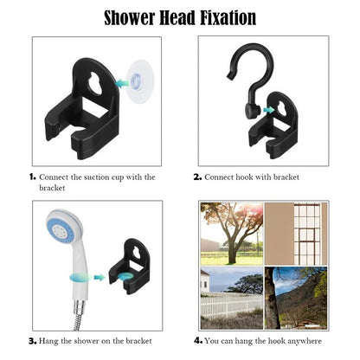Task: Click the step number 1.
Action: click(32, 177)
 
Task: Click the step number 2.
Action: click(197, 177)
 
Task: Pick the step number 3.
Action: click(32, 340)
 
